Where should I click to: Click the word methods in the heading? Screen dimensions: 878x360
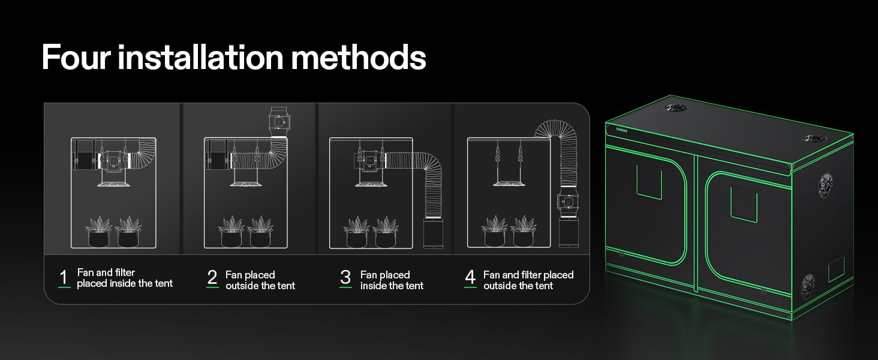point(358,57)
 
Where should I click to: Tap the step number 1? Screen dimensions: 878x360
point(64,277)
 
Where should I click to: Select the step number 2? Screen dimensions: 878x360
point(212,277)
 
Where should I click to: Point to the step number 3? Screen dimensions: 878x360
point(345,277)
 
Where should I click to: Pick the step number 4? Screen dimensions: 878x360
point(470,277)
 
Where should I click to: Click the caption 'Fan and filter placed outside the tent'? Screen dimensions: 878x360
point(528,280)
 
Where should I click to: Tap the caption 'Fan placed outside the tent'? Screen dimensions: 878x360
point(260,280)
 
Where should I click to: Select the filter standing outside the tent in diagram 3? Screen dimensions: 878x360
point(433,233)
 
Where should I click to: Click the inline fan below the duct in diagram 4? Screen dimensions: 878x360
point(568,203)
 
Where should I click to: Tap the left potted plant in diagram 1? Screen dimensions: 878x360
point(98,232)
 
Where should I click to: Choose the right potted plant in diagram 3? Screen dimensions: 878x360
point(386,232)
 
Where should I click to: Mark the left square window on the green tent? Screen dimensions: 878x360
point(649,182)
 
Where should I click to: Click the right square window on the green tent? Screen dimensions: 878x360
point(744,204)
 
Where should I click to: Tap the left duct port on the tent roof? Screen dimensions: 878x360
point(676,107)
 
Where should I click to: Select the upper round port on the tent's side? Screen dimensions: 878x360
point(825,185)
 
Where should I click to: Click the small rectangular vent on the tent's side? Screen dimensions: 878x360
point(836,269)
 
